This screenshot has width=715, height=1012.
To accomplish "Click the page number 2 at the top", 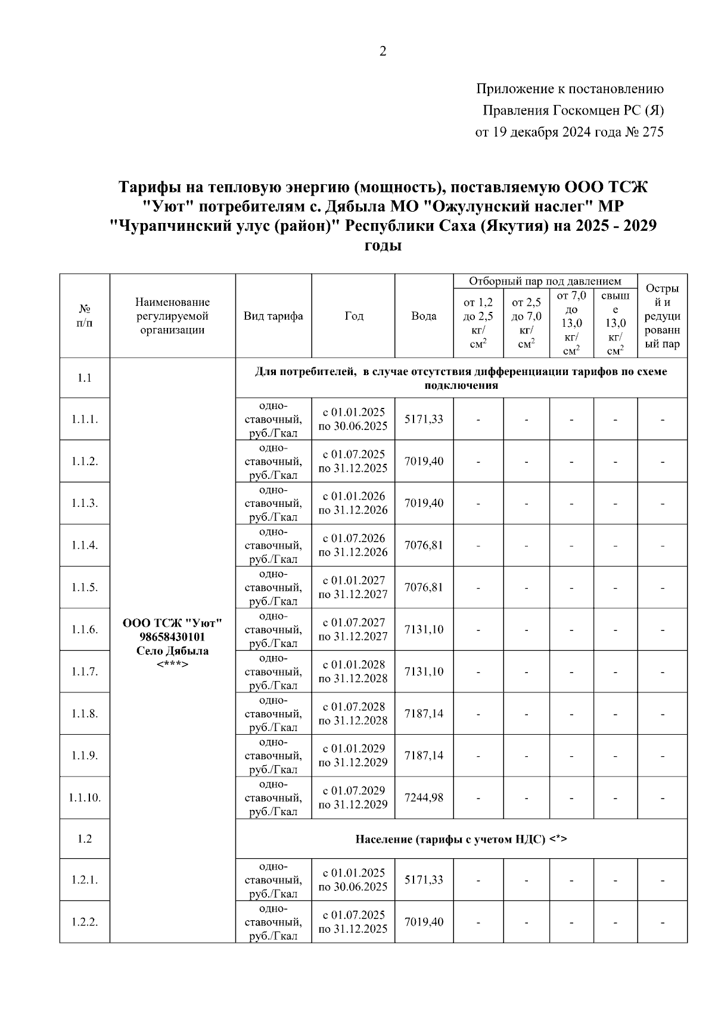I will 383,51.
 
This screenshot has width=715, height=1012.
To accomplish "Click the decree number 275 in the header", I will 652,132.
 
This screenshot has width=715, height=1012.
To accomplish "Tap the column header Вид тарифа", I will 273,316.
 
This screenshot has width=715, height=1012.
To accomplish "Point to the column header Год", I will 353,316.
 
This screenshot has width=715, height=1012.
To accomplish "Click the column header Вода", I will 424,316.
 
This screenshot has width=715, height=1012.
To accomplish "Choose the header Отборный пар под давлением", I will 545,281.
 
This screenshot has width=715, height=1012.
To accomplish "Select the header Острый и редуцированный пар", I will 662,316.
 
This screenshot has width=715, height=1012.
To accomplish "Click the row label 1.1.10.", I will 85,797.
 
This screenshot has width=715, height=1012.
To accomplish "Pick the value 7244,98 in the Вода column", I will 424,797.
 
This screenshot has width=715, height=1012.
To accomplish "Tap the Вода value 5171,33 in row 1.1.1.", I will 424,419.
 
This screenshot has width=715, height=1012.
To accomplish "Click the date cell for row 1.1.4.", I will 353,545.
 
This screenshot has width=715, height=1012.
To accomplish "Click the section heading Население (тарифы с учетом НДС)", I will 461,839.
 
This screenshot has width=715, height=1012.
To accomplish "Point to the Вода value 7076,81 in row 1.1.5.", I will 424,587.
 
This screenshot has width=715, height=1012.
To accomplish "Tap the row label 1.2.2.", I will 85,922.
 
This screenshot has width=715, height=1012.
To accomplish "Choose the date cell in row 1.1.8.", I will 353,713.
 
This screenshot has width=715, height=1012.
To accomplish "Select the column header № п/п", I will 85,316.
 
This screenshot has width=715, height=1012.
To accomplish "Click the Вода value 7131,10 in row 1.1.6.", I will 424,629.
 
